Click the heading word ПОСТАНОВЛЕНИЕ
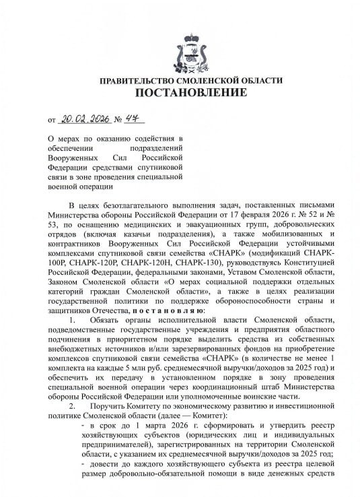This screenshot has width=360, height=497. [180, 93]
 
